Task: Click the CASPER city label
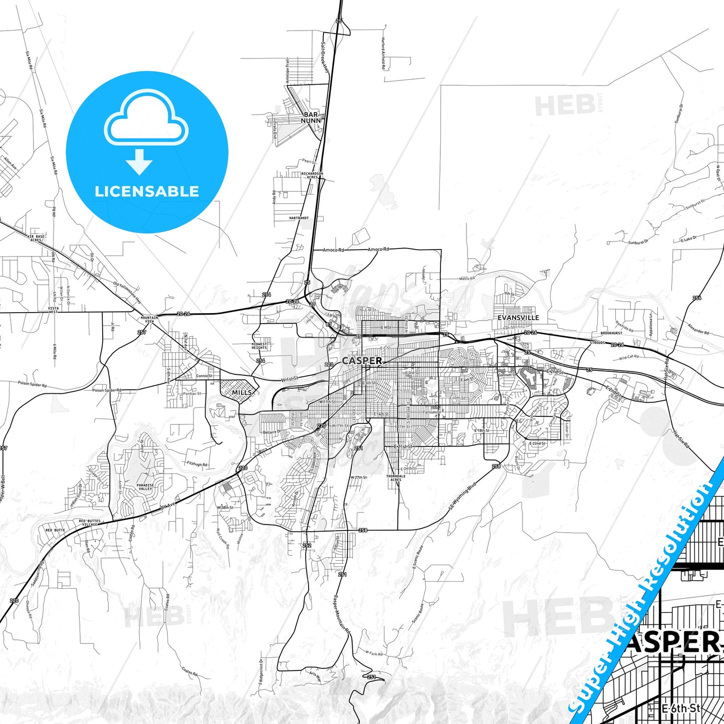362,360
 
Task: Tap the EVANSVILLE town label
518,318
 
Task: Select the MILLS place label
242,392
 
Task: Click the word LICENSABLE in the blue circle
147,191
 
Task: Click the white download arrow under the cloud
139,161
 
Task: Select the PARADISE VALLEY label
145,487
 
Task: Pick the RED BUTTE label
56,530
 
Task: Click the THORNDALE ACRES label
396,478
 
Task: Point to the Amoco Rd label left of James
333,250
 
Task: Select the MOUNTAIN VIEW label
149,319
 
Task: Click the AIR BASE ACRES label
36,238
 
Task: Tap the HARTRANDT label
299,218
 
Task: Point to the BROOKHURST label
611,333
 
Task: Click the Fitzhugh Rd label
197,464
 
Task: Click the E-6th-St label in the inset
680,708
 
